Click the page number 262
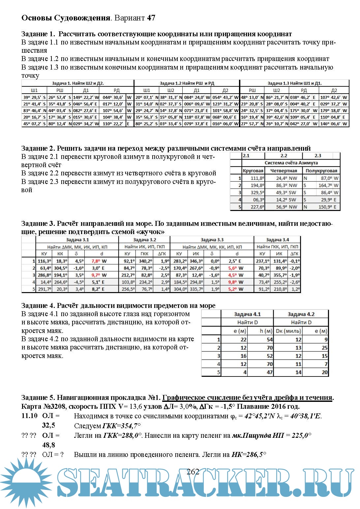(x=193, y=472)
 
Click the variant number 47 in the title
(x=151, y=18)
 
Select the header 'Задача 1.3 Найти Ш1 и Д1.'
(x=294, y=83)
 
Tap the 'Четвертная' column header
(x=284, y=170)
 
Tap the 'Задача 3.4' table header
(x=277, y=240)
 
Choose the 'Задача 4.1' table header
(x=247, y=314)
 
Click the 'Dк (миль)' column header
(x=288, y=331)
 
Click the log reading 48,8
(x=48, y=445)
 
